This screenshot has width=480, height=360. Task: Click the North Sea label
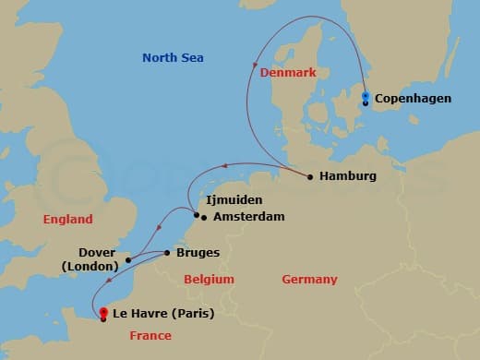173,58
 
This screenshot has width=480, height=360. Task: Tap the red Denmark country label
288,71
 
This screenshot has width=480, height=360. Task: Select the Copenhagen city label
413,98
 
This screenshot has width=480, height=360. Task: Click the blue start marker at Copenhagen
366,96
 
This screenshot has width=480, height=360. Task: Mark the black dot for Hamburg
309,176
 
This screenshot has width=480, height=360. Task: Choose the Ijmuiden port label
234,199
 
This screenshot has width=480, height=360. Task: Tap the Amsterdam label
248,217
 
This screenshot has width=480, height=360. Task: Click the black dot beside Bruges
166,252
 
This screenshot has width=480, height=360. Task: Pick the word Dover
97,252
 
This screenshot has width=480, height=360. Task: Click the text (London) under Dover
90,267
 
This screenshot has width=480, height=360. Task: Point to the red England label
67,220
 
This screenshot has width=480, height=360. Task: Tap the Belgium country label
209,279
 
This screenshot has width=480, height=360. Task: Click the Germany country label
309,279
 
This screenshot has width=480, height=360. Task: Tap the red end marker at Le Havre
103,312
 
